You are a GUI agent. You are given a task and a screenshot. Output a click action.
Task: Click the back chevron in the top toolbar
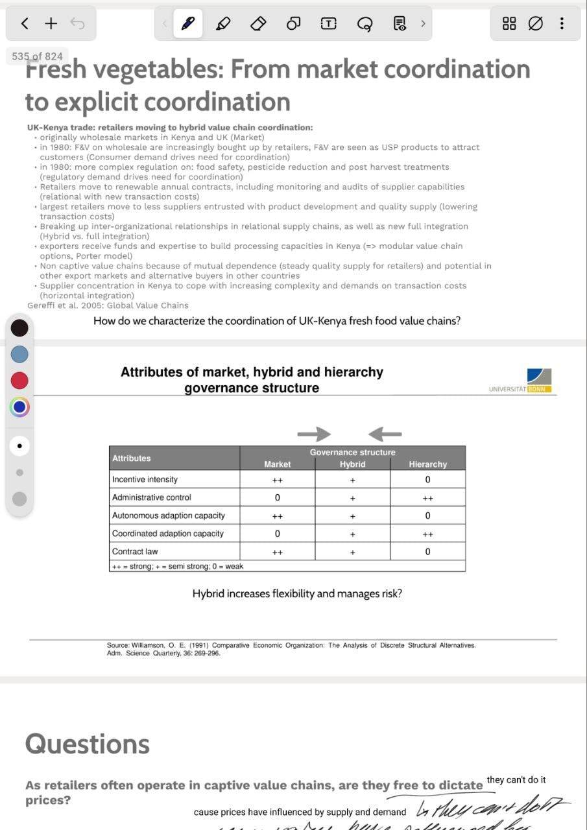(x=25, y=24)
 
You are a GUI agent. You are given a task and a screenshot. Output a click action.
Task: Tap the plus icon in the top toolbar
(x=51, y=24)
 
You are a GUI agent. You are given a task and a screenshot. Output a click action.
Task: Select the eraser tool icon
(x=258, y=24)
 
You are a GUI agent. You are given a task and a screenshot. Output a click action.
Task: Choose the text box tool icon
(x=329, y=24)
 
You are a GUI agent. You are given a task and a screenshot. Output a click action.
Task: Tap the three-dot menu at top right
(x=562, y=24)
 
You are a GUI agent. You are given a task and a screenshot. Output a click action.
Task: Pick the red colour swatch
(x=19, y=380)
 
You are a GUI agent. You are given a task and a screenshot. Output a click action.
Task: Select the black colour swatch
(x=19, y=327)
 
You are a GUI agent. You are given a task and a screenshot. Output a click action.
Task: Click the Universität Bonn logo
(x=539, y=380)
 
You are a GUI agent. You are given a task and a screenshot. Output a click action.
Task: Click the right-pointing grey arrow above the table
(x=314, y=434)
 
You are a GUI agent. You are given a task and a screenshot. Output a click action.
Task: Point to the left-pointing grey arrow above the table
(x=385, y=434)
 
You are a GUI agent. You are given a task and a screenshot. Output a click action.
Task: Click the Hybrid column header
(x=352, y=464)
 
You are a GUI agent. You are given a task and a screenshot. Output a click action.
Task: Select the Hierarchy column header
(x=427, y=464)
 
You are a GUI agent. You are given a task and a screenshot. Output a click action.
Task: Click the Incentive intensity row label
(x=145, y=480)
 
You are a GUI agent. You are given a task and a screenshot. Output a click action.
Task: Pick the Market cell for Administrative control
(x=277, y=498)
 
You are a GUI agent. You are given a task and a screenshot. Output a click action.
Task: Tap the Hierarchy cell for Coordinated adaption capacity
(x=427, y=534)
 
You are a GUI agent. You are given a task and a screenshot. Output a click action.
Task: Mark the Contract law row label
(x=135, y=552)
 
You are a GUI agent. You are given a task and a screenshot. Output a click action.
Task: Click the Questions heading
(x=88, y=744)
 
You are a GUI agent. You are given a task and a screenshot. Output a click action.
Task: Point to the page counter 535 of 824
(x=37, y=56)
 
